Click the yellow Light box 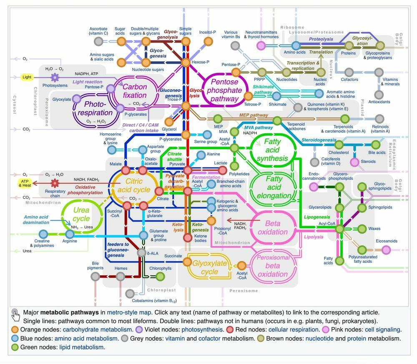27,77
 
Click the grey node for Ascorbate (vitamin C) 98,41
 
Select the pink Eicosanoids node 386,249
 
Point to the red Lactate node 223,170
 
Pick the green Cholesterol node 339,145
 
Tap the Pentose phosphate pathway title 226,90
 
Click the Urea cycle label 81,214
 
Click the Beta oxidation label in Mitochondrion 273,227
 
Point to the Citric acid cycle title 134,185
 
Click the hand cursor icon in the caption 15,315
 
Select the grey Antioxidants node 379,95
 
